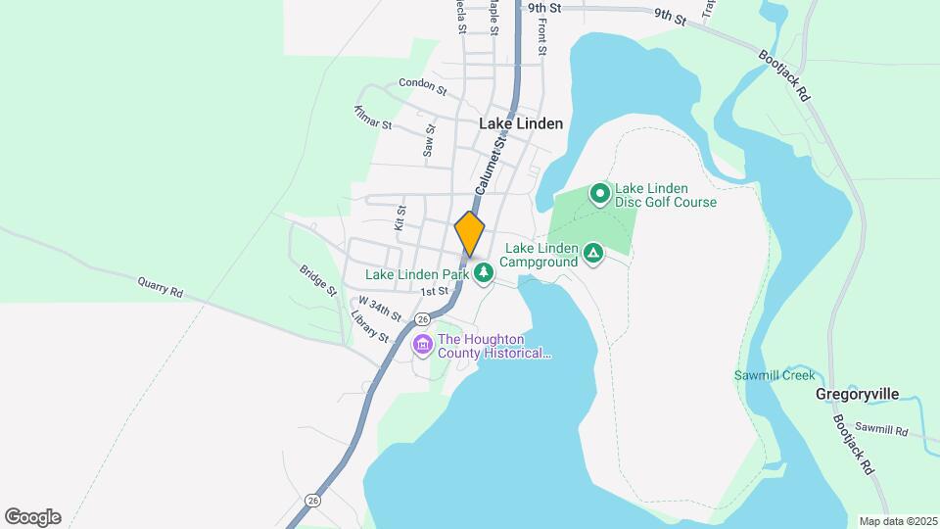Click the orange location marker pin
(x=470, y=233)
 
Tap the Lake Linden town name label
(x=521, y=123)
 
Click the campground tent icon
(x=592, y=255)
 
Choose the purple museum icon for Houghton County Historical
(x=423, y=345)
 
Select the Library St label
(x=369, y=327)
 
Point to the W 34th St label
(x=380, y=309)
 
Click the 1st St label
(x=434, y=291)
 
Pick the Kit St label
(x=399, y=217)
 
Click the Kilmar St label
(x=372, y=119)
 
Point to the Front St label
(x=540, y=34)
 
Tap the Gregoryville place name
(x=857, y=394)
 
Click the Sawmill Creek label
(x=775, y=375)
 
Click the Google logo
(x=32, y=517)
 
